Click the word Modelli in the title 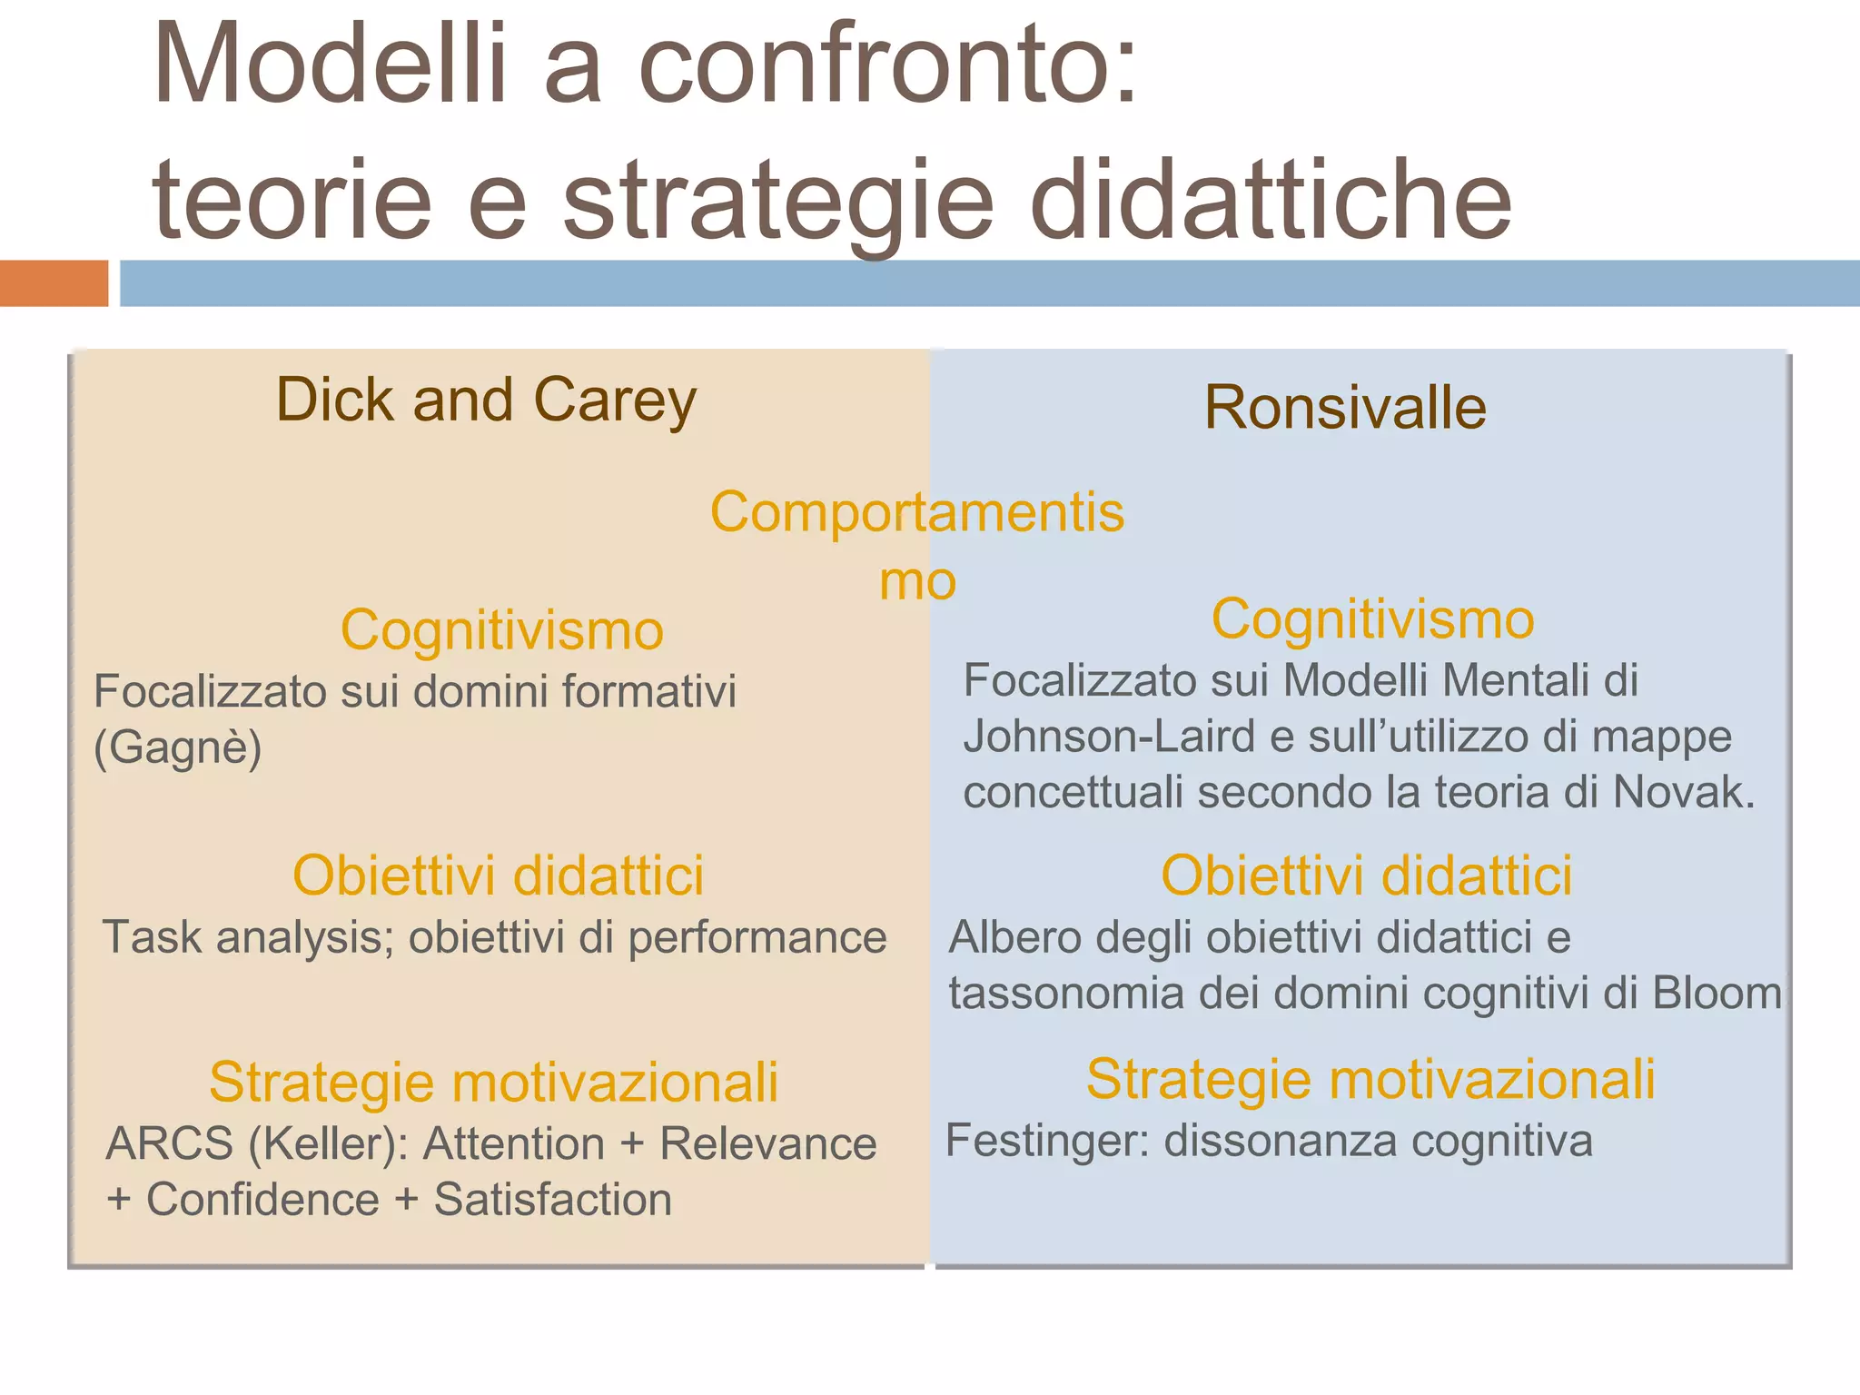point(330,65)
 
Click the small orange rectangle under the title point(54,282)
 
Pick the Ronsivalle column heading point(1345,407)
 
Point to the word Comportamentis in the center point(916,512)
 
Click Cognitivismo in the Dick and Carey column point(502,630)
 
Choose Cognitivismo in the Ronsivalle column point(1372,619)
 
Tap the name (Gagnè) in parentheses point(178,748)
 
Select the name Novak point(1683,792)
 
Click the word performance point(757,937)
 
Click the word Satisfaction point(552,1200)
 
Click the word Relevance point(767,1143)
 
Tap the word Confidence point(262,1200)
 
